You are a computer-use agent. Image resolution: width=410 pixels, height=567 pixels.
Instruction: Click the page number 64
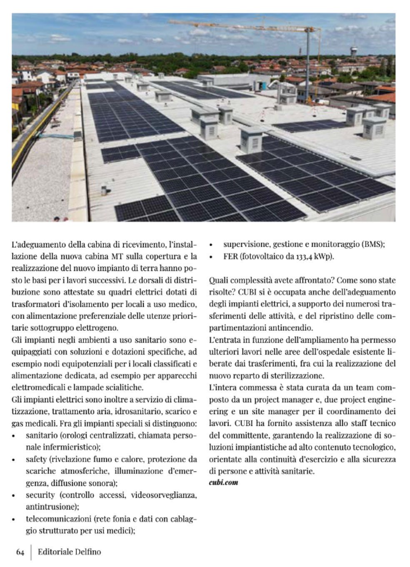point(20,552)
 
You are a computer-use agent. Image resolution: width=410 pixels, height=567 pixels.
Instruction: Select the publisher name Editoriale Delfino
point(69,552)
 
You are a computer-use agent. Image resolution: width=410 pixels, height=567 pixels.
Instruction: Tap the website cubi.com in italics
point(223,482)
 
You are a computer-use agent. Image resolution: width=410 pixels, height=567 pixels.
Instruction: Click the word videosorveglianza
point(164,495)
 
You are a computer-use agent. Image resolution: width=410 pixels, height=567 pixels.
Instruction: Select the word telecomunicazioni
point(58,519)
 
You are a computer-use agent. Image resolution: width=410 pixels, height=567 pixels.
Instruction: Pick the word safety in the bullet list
point(36,459)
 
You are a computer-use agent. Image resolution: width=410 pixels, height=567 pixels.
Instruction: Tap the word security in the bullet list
point(40,495)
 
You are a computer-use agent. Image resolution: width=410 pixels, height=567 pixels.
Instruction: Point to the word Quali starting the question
point(218,280)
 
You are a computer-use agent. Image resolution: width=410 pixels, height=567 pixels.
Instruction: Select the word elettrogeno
point(99,328)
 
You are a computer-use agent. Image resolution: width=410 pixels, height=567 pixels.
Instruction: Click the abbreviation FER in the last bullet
point(230,256)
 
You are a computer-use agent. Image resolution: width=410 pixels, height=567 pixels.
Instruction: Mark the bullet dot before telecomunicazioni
point(14,520)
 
